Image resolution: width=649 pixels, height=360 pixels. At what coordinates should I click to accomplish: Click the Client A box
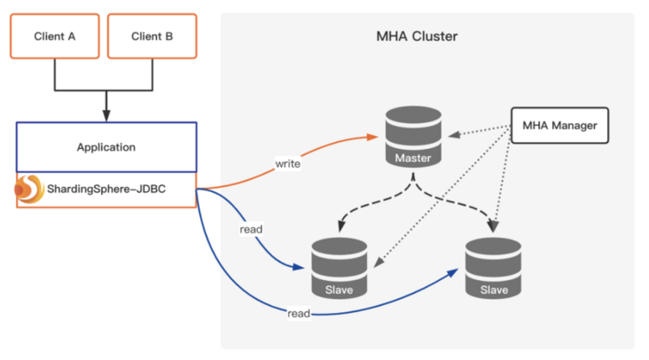(x=54, y=36)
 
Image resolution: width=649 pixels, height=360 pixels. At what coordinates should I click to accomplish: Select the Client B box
(x=152, y=36)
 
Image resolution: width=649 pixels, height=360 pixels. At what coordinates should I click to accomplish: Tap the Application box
(x=106, y=146)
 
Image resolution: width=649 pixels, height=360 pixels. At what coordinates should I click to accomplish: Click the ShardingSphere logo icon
(x=29, y=189)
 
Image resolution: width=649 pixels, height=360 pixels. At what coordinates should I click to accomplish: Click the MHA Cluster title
(x=417, y=36)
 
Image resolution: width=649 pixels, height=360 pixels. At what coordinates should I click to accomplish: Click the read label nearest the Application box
(x=252, y=230)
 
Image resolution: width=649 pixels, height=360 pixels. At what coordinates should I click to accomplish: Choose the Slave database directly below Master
(x=340, y=268)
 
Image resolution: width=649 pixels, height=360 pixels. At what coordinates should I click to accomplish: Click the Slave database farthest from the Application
(x=493, y=268)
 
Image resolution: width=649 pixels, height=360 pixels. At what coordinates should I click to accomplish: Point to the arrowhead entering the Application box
(x=106, y=116)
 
